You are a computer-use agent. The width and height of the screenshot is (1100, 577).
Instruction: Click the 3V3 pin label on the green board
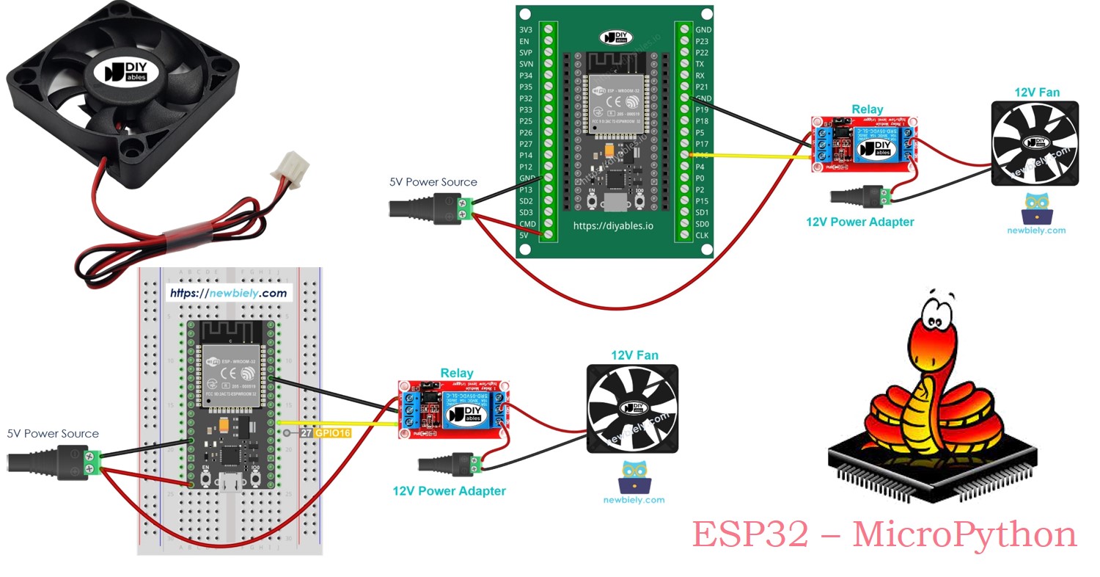click(525, 30)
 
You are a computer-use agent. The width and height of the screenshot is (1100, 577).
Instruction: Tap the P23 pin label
click(702, 42)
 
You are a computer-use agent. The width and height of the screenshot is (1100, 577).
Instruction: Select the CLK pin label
click(702, 235)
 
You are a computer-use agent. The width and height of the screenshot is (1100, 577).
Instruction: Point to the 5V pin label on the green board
click(524, 235)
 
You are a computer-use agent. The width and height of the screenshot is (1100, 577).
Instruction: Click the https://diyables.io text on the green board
click(613, 225)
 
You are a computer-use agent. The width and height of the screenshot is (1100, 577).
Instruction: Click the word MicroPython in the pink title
click(964, 534)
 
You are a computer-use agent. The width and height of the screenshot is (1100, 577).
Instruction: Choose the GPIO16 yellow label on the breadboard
click(332, 433)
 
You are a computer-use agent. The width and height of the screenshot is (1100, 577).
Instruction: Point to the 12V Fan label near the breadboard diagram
click(634, 355)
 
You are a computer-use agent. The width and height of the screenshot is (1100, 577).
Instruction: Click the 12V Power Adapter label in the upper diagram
click(860, 222)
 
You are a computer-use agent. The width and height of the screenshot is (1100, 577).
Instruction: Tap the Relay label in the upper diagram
click(868, 110)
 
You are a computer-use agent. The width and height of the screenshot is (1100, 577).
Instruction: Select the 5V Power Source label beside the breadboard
click(53, 434)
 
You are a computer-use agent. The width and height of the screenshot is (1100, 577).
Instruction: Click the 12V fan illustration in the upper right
click(1035, 143)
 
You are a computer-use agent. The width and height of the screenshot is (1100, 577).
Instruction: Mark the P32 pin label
click(525, 98)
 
